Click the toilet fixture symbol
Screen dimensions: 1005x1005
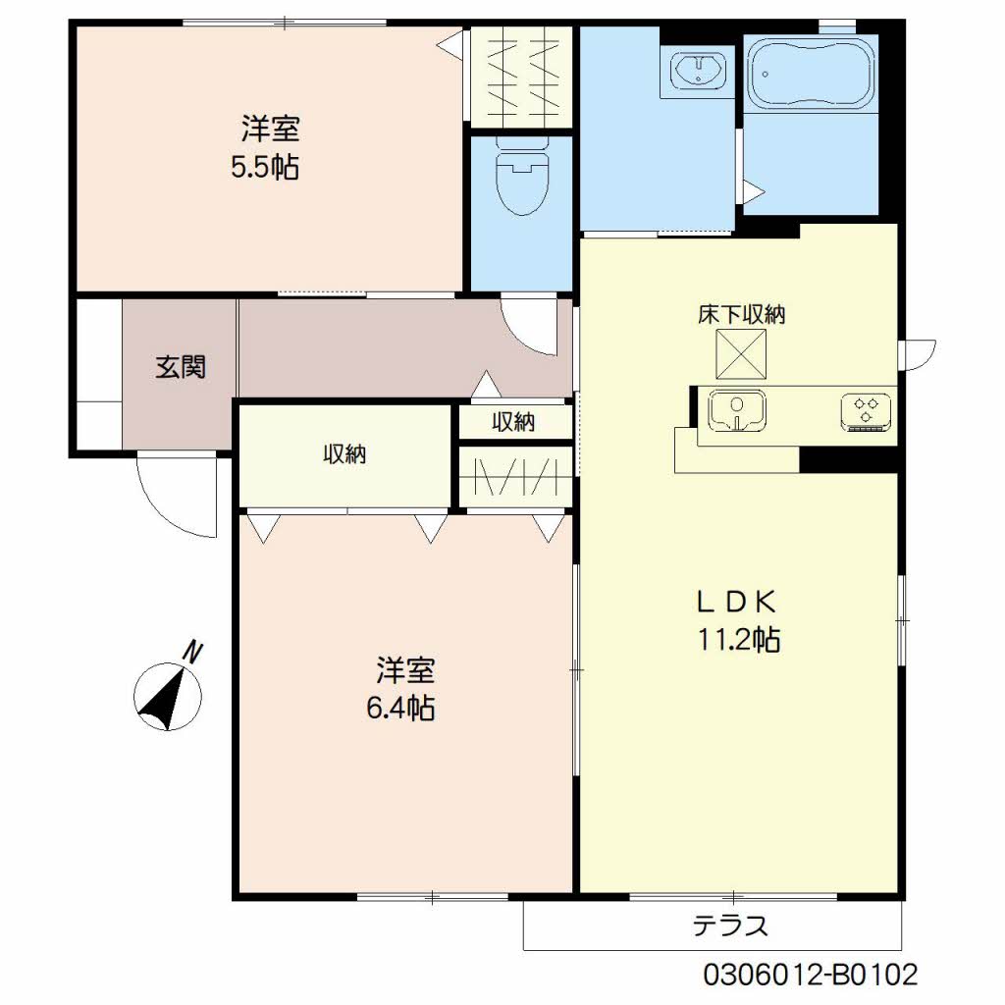click(x=522, y=177)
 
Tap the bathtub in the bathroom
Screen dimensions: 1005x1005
click(x=811, y=74)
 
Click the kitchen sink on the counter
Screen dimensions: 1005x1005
click(x=737, y=410)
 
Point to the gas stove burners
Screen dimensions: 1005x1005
click(x=866, y=411)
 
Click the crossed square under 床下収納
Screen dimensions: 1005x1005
click(x=742, y=353)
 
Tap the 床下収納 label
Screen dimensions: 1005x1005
click(x=742, y=314)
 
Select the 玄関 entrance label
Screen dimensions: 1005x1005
click(x=181, y=367)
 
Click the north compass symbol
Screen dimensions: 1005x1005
click(x=168, y=697)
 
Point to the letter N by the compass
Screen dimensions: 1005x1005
click(x=192, y=652)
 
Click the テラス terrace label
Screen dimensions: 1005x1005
click(x=730, y=926)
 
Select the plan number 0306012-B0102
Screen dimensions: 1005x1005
click(x=810, y=976)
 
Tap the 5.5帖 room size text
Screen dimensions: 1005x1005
click(x=265, y=168)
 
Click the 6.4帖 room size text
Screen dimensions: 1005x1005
click(x=400, y=709)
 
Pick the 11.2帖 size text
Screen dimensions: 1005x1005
click(x=738, y=640)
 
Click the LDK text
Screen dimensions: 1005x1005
click(x=737, y=602)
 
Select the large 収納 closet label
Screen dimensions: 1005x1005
click(x=344, y=453)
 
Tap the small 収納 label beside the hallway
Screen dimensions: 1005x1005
click(x=513, y=422)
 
